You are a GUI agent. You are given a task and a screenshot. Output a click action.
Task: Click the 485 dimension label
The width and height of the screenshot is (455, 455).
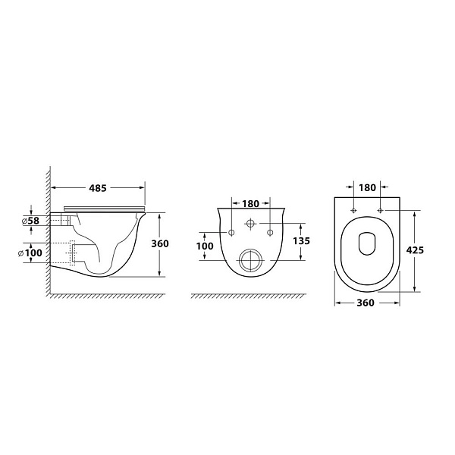coord(98,188)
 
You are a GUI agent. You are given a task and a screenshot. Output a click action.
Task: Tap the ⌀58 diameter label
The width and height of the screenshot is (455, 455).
coord(30,221)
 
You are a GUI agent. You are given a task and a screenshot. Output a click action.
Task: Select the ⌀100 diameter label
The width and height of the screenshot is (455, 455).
coord(30,253)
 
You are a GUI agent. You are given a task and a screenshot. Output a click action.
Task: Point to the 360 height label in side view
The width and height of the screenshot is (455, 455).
coord(160,243)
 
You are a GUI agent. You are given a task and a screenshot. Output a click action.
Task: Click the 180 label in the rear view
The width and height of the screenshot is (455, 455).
coord(250,204)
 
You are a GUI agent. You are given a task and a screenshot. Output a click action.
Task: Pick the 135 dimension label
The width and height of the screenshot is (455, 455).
coord(302,240)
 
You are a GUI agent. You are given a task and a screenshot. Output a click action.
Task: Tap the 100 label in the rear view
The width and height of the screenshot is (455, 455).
coord(205,246)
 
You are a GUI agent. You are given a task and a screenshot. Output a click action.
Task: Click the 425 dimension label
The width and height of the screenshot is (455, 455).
coord(415,249)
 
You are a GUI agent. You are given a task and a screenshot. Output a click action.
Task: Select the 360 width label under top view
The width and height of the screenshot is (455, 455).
coord(366,303)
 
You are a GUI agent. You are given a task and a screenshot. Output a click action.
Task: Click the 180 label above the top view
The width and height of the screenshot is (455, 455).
coord(367,188)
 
